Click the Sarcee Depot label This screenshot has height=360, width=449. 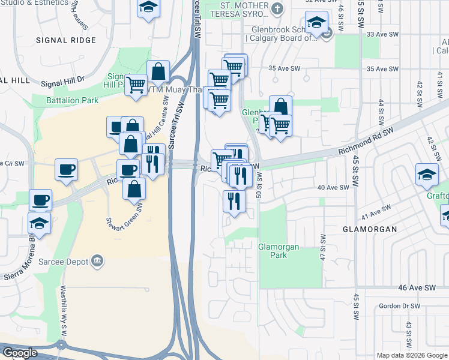[62, 262]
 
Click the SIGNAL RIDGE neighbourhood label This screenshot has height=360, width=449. [65, 40]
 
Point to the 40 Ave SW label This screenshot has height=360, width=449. [333, 187]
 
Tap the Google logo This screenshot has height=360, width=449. [19, 353]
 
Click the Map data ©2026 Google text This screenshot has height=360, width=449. [412, 355]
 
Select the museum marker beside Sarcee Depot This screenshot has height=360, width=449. [97, 261]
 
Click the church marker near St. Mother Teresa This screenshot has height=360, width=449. [277, 9]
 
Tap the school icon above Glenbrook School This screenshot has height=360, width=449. [316, 23]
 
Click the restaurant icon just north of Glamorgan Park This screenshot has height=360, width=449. [234, 200]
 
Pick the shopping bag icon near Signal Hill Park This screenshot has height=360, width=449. [158, 71]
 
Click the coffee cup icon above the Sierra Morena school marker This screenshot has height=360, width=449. [40, 199]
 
